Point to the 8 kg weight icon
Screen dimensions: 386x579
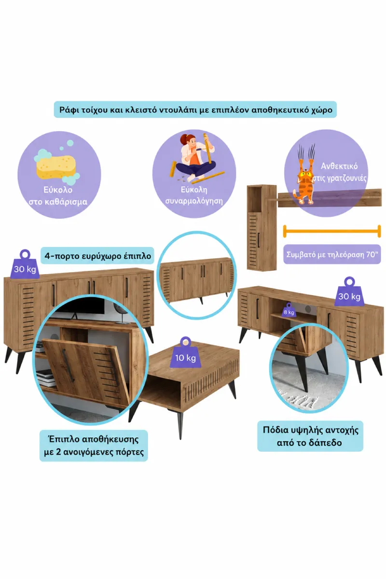coord(289,311)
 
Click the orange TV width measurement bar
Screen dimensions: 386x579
coord(332,231)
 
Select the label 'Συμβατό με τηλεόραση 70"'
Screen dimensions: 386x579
coord(332,254)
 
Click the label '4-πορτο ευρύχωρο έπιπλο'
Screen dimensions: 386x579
coord(97,256)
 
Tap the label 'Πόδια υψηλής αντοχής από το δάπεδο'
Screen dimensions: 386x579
coord(310,436)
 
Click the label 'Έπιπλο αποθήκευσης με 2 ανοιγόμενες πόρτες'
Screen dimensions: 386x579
coord(94,446)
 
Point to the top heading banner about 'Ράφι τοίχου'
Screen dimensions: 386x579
coord(195,110)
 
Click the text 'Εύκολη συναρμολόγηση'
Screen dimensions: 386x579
coord(194,195)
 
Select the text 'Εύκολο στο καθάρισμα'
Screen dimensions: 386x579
coord(58,196)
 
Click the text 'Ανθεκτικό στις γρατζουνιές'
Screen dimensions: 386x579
coord(340,172)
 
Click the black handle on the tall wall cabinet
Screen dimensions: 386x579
coord(258,239)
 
